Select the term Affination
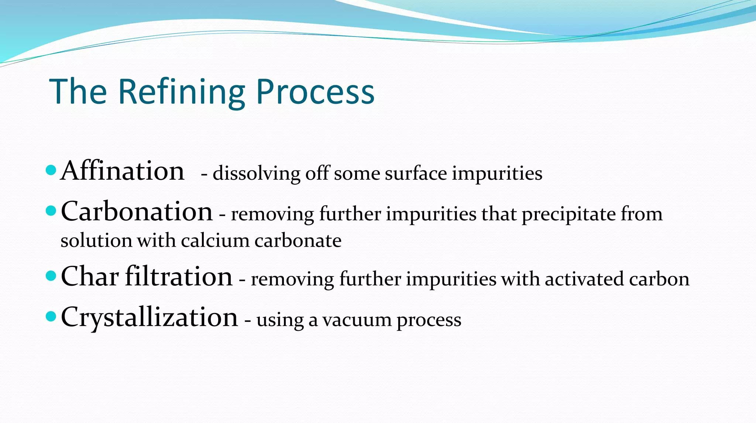122,171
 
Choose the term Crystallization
150,317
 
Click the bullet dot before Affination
51,170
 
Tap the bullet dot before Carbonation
51,211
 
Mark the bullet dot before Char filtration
51,276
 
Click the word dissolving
257,173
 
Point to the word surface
416,173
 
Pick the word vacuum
357,320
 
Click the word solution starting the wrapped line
96,241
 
